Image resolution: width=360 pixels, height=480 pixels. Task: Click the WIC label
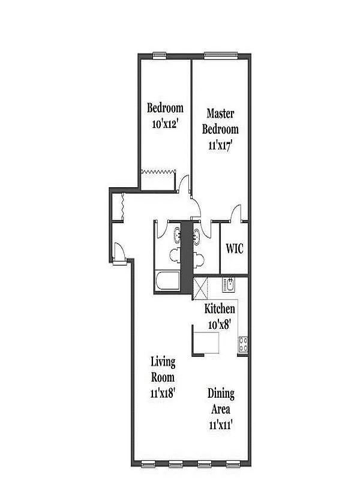click(x=234, y=248)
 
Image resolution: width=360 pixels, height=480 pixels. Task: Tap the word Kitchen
click(x=220, y=309)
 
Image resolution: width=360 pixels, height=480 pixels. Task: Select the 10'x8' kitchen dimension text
click(x=220, y=325)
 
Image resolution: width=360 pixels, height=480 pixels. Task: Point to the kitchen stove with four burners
click(x=244, y=344)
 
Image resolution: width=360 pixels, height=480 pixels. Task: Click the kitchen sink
click(x=229, y=284)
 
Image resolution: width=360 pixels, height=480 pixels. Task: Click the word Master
click(x=220, y=113)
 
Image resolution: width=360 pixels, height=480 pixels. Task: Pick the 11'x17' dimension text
click(x=220, y=145)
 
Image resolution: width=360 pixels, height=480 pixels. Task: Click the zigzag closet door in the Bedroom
click(x=158, y=172)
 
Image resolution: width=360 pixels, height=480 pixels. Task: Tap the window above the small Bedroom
click(x=159, y=56)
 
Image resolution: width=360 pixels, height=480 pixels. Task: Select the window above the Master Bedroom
click(x=222, y=56)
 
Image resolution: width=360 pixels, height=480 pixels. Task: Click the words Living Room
click(x=163, y=370)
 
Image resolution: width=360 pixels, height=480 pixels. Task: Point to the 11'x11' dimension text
click(x=221, y=425)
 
